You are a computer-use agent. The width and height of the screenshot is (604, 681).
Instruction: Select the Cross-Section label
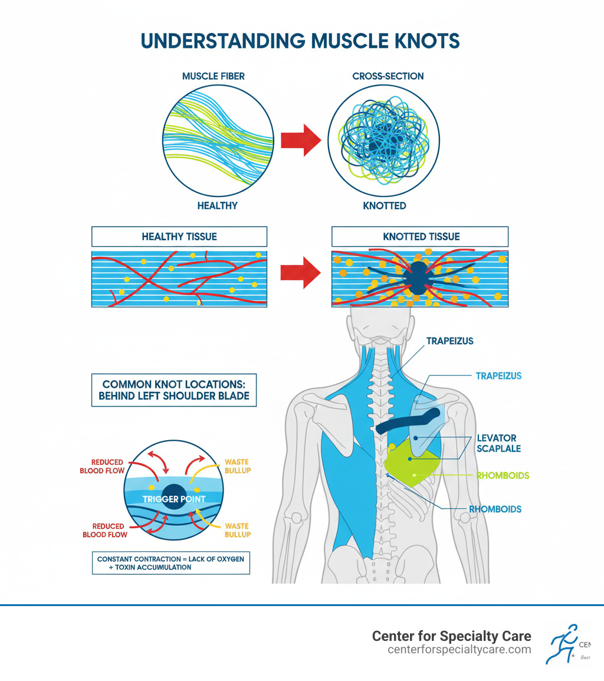coord(388,76)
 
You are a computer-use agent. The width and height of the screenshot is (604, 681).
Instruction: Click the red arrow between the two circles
coord(300,140)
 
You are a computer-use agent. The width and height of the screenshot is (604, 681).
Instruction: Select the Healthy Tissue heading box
coord(179,237)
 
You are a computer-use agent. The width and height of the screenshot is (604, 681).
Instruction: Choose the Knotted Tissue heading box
coord(420,237)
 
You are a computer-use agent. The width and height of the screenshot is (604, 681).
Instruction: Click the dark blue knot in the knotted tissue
coord(418,277)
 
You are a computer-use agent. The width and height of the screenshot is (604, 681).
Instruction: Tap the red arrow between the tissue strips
coord(300,272)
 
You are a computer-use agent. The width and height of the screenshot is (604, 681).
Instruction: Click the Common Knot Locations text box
coord(174,389)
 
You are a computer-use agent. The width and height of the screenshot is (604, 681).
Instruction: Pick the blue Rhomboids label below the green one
coord(495,509)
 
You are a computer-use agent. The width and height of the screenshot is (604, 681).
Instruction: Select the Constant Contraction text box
coord(171,562)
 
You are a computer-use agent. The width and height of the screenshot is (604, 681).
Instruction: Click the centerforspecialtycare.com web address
coord(459,650)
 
